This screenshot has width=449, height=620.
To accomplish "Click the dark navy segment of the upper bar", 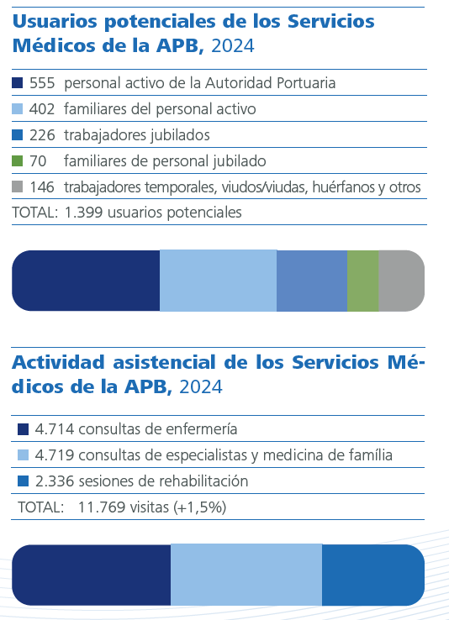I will (86, 281).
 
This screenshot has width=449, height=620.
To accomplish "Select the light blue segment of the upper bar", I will (218, 281).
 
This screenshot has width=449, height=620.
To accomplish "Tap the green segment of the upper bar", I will (362, 281).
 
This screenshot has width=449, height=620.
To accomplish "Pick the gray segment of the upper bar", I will (401, 281).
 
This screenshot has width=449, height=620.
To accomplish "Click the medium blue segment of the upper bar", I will (311, 281).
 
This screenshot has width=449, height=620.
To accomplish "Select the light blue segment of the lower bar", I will (246, 575).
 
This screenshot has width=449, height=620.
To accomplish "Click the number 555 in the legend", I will (41, 83).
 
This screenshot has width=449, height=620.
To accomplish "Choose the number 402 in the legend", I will (41, 109).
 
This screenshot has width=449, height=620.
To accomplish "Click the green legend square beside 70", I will (18, 160).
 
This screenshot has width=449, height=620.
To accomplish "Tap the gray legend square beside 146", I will (18, 187).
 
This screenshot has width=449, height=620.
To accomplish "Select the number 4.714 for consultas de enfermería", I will (55, 429).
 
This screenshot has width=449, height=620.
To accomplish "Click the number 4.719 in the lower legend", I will (55, 455).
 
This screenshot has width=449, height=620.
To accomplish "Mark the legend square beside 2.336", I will (24, 481).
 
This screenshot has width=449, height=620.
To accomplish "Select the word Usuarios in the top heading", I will (53, 21).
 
